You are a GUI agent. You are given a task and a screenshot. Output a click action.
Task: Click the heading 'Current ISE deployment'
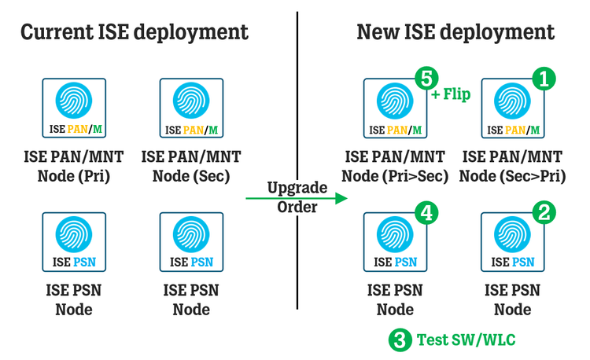point(134,32)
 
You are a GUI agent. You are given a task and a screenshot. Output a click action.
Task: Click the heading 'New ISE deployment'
point(455,32)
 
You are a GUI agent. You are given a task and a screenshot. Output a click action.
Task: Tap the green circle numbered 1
point(543,79)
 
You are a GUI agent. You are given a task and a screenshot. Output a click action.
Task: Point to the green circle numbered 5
point(426,79)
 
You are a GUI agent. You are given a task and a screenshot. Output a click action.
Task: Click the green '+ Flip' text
point(451,95)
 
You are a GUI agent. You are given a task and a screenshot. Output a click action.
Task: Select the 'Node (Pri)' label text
point(75,176)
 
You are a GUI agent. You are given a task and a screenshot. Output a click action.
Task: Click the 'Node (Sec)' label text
point(191,176)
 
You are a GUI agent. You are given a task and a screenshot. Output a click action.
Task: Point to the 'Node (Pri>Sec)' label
point(396,176)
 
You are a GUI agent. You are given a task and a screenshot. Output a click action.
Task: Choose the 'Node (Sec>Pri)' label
point(513,176)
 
